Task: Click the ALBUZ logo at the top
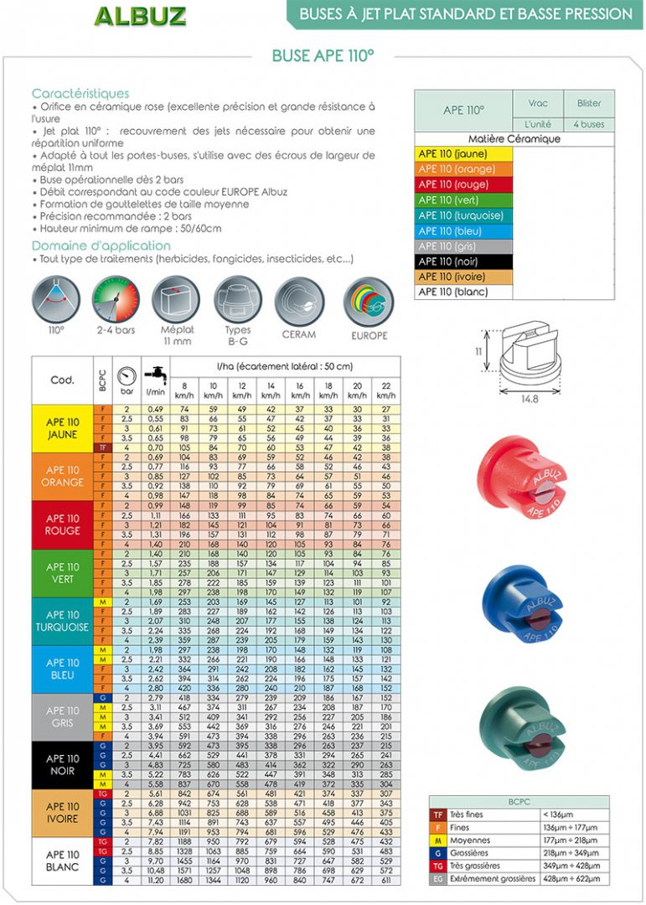tap(140, 16)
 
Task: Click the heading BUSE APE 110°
tap(323, 56)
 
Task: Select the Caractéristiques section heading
tap(80, 94)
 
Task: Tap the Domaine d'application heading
tap(101, 246)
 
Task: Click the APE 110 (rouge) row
tap(464, 184)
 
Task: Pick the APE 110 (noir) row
tap(464, 262)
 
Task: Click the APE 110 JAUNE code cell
tap(63, 429)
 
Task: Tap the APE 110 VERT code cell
tap(63, 573)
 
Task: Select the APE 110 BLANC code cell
tap(63, 861)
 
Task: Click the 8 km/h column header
tap(185, 389)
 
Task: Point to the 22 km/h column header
tap(385, 389)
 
